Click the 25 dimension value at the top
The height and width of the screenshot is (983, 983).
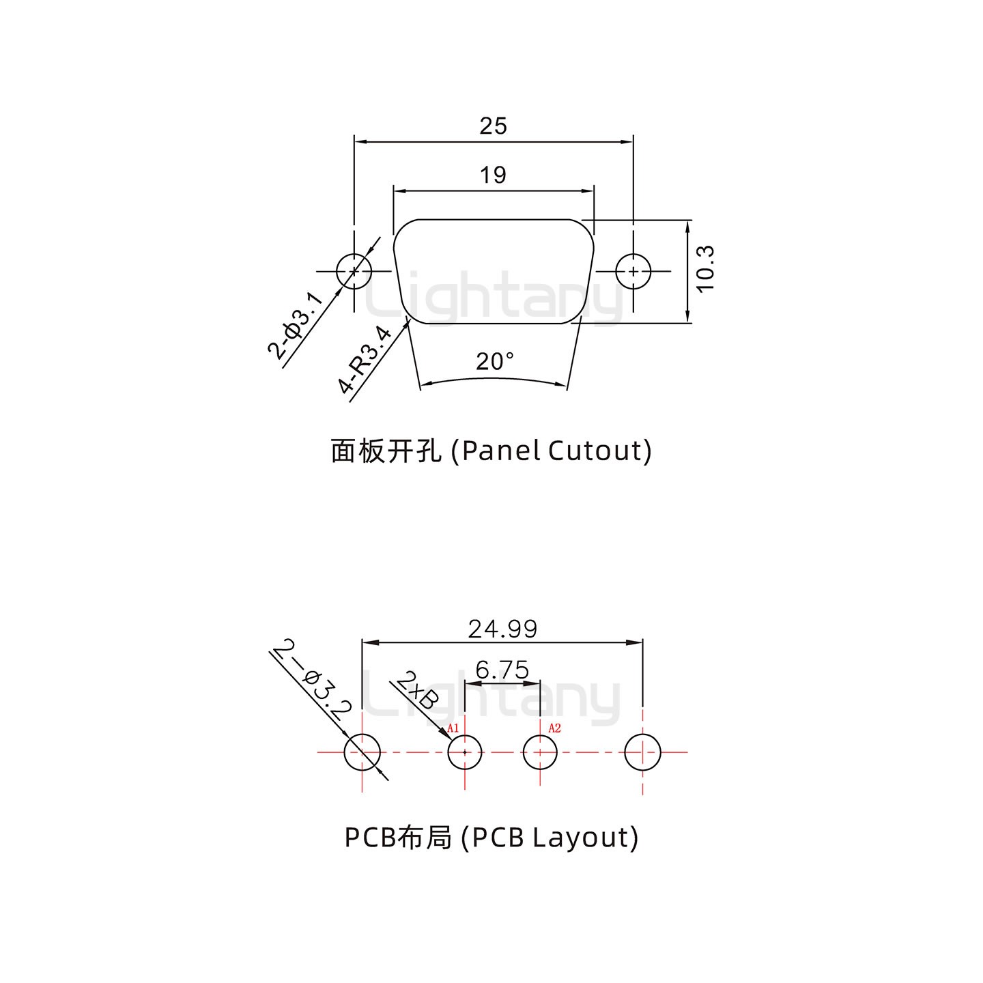coord(493,126)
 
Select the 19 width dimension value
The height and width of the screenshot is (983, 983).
coord(493,175)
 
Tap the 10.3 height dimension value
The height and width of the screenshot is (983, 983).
coord(705,269)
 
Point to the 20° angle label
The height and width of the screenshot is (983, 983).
coord(495,361)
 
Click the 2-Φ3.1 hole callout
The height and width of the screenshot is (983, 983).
coord(294,325)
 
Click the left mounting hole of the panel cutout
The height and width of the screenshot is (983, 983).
coord(354,272)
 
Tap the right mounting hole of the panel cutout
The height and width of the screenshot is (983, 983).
coord(633,272)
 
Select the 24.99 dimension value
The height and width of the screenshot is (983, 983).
coord(502,629)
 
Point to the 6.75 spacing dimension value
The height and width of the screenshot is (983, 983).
coord(502,670)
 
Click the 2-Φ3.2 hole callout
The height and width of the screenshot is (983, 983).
coord(312,679)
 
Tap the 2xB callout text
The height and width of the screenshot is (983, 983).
coord(416,691)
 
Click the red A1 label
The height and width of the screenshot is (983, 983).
coord(453,728)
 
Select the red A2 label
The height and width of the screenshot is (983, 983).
coord(554,728)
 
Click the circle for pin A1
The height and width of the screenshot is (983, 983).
coord(465,752)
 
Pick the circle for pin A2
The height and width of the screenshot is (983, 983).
coord(540,752)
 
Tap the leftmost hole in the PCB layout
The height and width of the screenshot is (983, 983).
coord(362,752)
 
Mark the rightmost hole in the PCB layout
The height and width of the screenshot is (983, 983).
coord(643,752)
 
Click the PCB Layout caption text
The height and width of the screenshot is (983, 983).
coord(491,837)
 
